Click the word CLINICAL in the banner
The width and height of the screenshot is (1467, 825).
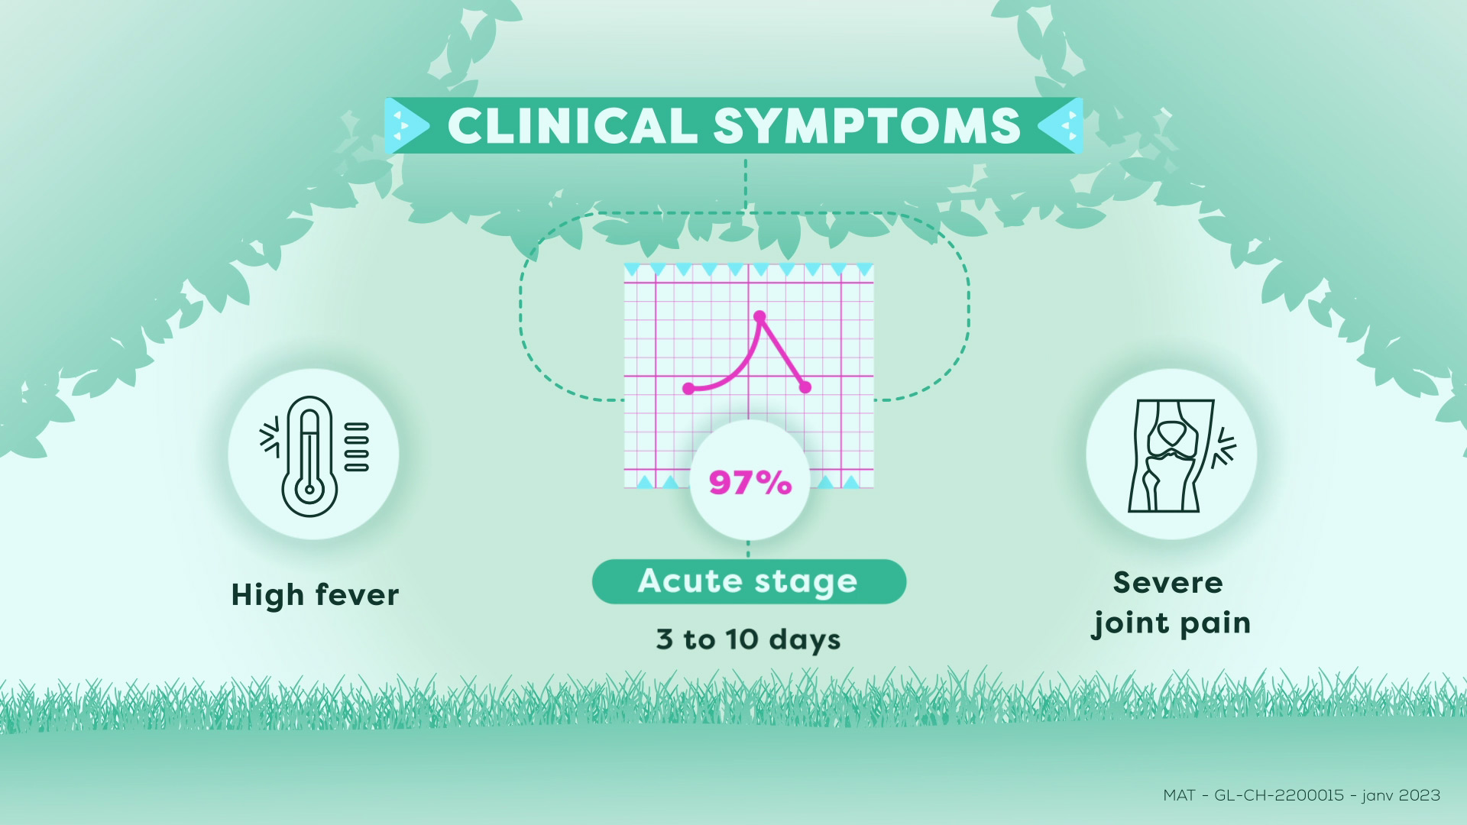[572, 126]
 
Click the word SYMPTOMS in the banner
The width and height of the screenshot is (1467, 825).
[867, 126]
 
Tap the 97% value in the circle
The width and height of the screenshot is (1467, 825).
[750, 483]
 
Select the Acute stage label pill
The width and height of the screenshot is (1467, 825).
[749, 582]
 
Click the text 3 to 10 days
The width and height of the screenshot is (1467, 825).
[748, 640]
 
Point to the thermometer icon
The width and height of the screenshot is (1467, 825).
[313, 455]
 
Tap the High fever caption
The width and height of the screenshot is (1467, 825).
[315, 595]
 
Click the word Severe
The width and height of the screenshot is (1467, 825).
[1168, 583]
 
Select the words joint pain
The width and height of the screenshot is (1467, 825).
[1171, 623]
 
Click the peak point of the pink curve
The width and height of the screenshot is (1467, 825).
[759, 316]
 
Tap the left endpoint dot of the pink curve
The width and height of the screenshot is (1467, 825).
[688, 389]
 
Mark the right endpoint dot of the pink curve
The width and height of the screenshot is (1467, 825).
[805, 387]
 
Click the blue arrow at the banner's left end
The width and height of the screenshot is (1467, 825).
[406, 125]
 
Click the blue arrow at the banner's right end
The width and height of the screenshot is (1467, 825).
[1061, 125]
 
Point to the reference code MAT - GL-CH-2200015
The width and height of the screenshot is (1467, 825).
[1253, 795]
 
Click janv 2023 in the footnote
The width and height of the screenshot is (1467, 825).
[1401, 795]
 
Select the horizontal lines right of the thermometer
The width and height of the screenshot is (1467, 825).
[357, 446]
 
